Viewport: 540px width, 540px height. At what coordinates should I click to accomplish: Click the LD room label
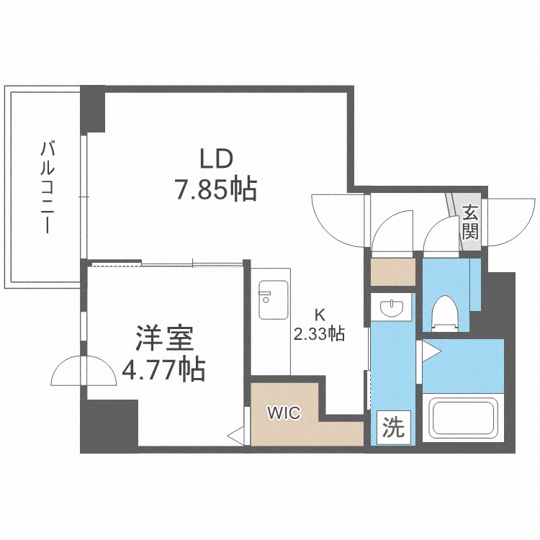(217, 159)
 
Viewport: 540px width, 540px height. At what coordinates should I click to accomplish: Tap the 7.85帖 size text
(217, 189)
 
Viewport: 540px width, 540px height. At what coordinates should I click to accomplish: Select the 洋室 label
(164, 339)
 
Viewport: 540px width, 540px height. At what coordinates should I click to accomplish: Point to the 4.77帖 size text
(164, 369)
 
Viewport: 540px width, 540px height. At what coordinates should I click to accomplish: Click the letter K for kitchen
(320, 315)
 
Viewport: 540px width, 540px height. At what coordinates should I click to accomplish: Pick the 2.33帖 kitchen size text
(319, 333)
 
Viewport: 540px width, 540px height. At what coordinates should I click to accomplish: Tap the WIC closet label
(284, 413)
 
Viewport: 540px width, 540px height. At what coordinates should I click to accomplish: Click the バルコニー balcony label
(48, 187)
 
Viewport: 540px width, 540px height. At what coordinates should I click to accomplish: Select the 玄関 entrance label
(470, 222)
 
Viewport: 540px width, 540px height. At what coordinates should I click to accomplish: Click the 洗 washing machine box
(393, 428)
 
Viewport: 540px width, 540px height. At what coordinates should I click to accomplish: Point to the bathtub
(463, 418)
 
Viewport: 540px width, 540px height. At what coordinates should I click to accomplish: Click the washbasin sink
(392, 307)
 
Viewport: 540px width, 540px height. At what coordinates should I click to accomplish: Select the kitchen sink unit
(273, 300)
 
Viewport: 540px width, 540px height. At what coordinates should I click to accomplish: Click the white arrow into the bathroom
(431, 351)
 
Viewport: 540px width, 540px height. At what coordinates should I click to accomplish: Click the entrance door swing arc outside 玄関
(512, 222)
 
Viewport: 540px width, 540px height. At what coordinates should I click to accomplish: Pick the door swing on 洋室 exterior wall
(84, 371)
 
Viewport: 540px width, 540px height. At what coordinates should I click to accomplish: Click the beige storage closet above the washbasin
(393, 271)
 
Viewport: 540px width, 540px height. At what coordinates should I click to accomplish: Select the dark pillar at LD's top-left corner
(93, 109)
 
